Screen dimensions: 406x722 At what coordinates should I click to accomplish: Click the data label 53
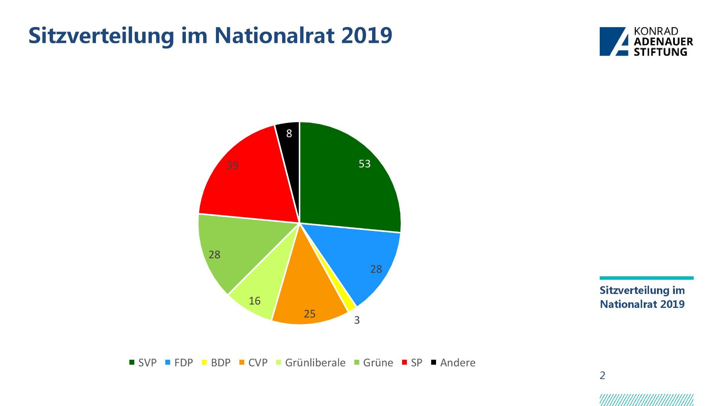coord(365,164)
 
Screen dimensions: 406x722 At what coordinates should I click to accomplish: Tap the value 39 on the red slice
coord(233,165)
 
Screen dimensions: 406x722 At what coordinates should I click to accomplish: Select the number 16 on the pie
coord(255,301)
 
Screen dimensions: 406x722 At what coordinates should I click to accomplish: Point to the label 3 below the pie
coord(357,320)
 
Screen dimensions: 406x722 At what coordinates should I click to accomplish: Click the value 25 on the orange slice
coord(310,314)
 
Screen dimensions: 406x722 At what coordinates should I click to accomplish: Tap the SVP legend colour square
coord(132,363)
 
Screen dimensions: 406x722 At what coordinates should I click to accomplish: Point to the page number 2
coord(602,376)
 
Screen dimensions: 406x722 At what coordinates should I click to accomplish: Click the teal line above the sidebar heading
coord(646,278)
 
